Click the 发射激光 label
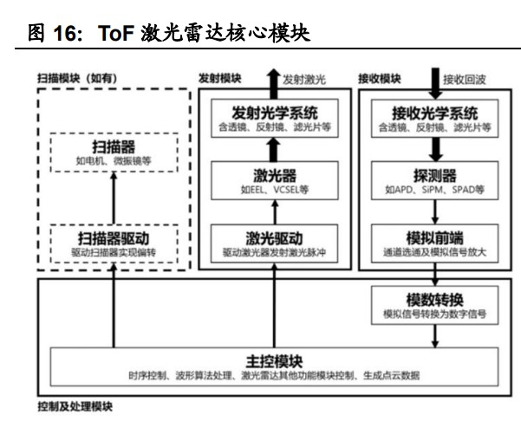point(306,80)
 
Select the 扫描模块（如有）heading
point(77,79)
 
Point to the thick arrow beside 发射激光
point(274,81)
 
